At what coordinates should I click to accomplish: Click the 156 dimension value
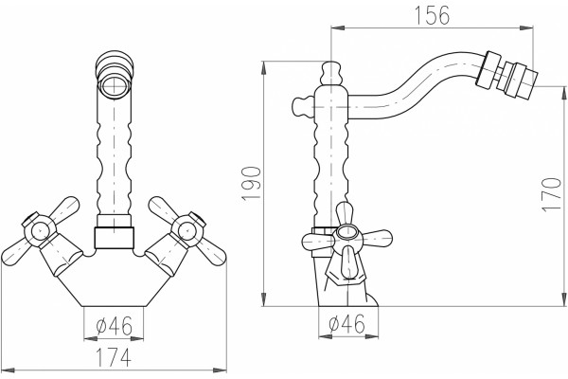click(432, 15)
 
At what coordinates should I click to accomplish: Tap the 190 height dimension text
click(251, 183)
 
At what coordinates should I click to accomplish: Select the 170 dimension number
click(551, 194)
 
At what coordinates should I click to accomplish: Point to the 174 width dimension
click(114, 357)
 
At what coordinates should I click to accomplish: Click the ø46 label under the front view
click(114, 326)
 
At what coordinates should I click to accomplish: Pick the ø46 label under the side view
click(346, 324)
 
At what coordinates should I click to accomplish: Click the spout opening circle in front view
click(115, 87)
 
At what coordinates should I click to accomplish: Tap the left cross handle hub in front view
click(40, 230)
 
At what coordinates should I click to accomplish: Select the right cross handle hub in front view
click(187, 229)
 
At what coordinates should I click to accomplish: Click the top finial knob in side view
click(331, 73)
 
